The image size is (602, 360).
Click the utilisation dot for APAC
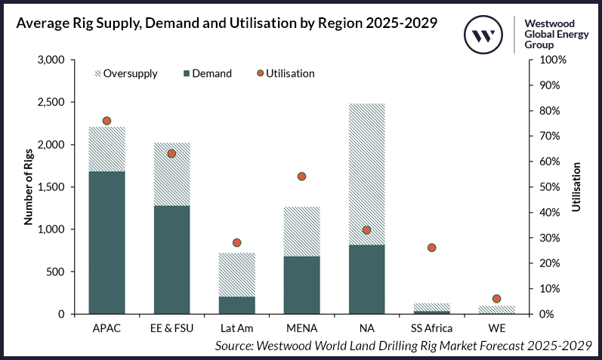pos(107,121)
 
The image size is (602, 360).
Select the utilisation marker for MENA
pos(301,177)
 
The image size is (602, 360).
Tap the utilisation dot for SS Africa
pos(431,248)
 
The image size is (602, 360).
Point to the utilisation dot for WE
pos(496,299)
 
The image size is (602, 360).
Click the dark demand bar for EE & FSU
pos(171,260)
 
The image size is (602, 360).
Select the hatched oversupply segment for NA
pos(366,174)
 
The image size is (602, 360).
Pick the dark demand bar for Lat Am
pos(236,305)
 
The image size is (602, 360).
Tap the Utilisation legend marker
pos(260,73)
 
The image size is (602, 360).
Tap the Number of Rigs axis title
pos(29,187)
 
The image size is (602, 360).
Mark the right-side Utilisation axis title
pos(576,186)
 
